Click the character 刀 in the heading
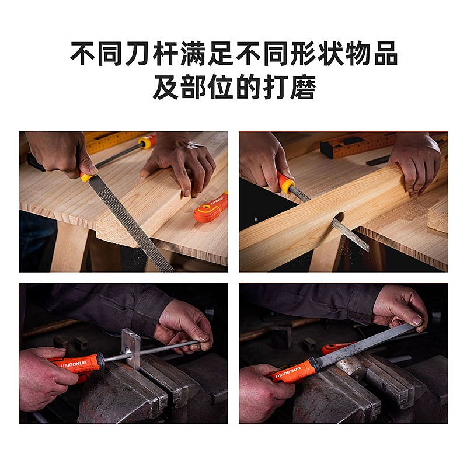[137, 54]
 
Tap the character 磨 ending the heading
[303, 87]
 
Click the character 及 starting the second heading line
[165, 87]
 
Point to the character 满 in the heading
[193, 54]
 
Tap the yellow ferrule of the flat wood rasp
[86, 177]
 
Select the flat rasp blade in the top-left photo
[130, 223]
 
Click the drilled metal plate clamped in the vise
[131, 347]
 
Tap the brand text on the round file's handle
[74, 364]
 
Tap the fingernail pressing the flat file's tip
[416, 321]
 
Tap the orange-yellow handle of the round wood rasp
[285, 183]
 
